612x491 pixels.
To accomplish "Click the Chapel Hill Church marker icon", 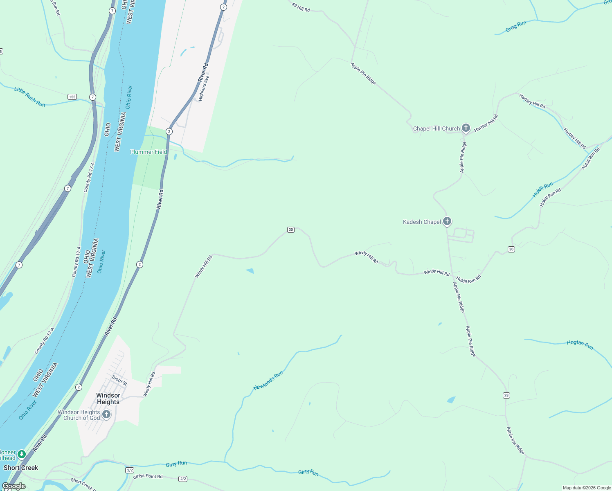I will coord(466,128).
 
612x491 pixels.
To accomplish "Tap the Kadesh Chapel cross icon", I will coord(447,221).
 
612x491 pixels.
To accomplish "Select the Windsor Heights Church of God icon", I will coord(106,414).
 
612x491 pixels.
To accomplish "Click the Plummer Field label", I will coord(148,152).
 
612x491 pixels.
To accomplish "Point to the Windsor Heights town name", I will coord(108,399).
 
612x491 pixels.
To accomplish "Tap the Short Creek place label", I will coord(21,468).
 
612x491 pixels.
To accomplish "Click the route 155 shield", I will coord(72,97).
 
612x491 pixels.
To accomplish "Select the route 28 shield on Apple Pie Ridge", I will coord(506,395).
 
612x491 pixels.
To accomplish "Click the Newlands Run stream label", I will coord(268,381).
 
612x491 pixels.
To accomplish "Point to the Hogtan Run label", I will coord(580,345).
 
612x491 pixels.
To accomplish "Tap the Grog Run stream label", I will coord(516,27).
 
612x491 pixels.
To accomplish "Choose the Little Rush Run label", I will coord(29,97).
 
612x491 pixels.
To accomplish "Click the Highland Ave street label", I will coord(204,88).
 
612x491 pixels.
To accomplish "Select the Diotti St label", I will coord(119,381).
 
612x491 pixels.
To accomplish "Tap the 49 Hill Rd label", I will coord(301,7).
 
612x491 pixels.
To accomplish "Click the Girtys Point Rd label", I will coord(148,476).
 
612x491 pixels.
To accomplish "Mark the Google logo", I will coord(13,486).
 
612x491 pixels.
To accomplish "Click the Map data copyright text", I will coord(587,488).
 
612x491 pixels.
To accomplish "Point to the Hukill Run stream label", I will coord(542,189).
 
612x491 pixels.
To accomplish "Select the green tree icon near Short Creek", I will coord(22,455).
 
